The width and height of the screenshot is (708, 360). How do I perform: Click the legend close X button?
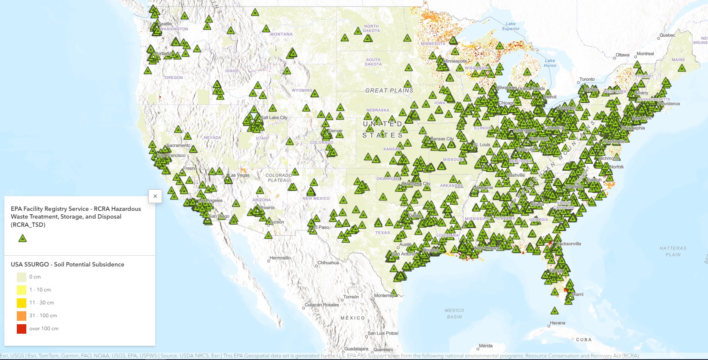(155, 196)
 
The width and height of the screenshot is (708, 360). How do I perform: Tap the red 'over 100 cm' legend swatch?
(22, 329)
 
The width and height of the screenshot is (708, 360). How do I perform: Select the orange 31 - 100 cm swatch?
(22, 316)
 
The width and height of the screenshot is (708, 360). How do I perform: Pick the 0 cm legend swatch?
(22, 277)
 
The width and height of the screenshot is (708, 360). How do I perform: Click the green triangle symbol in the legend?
(22, 238)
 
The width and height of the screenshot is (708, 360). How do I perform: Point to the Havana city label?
(557, 323)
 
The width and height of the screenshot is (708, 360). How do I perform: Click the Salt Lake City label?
(274, 118)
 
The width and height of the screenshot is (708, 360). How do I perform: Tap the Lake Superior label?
(511, 26)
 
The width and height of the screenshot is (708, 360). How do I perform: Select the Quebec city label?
(667, 35)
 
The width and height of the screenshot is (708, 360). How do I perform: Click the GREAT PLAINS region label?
(389, 91)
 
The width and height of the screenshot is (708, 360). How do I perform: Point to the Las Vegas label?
(239, 175)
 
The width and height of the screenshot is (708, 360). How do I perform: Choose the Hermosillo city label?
(280, 258)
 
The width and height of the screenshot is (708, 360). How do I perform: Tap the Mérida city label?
(486, 346)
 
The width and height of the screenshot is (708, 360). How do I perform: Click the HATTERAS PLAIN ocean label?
(673, 251)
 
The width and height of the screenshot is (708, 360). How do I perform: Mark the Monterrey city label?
(384, 296)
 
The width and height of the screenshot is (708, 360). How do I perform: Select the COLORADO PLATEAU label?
(279, 178)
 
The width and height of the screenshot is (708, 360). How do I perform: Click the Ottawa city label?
(622, 55)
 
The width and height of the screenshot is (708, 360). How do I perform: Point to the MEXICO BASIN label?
(454, 313)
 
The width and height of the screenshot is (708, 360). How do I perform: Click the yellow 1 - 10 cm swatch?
(22, 290)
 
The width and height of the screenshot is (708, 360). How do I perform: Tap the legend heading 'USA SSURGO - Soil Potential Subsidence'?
(67, 265)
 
